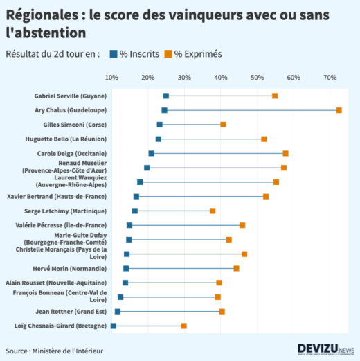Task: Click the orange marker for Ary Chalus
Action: pyautogui.click(x=339, y=110)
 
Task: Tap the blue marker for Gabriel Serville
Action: pyautogui.click(x=166, y=96)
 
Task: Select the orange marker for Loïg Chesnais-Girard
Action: pyautogui.click(x=184, y=326)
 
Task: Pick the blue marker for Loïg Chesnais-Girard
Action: pyautogui.click(x=114, y=326)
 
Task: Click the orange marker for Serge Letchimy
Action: pyautogui.click(x=213, y=211)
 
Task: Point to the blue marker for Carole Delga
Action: pyautogui.click(x=152, y=153)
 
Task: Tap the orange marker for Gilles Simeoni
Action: pyautogui.click(x=224, y=125)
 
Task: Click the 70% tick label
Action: pyautogui.click(x=330, y=77)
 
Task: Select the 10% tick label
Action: pyautogui.click(x=112, y=77)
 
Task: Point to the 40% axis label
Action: pyautogui.click(x=221, y=77)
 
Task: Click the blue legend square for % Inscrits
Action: pyautogui.click(x=114, y=54)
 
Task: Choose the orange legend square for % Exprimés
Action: pyautogui.click(x=168, y=54)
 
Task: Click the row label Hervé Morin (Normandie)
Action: pyautogui.click(x=70, y=268)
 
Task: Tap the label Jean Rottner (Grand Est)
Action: pyautogui.click(x=71, y=311)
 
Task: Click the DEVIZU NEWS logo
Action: pyautogui.click(x=325, y=349)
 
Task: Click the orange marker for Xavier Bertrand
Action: pyautogui.click(x=266, y=197)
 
